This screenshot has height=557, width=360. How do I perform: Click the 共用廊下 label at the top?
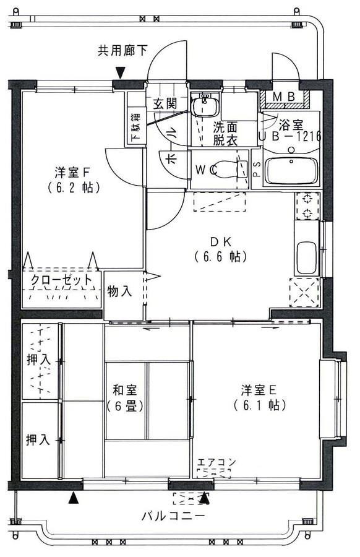122,50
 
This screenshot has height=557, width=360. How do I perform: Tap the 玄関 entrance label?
165,103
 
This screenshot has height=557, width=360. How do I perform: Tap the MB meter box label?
284,97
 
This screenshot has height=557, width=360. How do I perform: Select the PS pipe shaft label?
257,168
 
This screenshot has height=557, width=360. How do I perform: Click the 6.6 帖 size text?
220,256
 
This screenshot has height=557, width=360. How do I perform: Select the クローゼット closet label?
62,280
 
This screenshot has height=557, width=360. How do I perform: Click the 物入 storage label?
119,291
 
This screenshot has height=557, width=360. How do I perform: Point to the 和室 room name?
125,391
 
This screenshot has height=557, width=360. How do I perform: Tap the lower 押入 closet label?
38,440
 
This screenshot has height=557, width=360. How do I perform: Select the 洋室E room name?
259,390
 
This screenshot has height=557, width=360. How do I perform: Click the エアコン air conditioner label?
216,462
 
